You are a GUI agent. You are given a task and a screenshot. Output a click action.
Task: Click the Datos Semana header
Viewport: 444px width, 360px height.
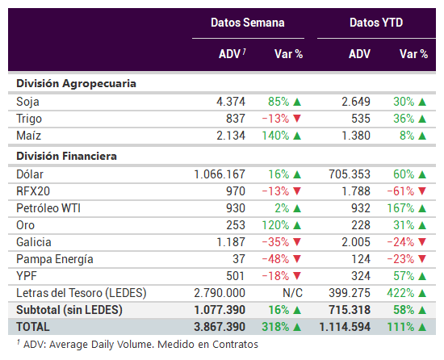[x=248, y=23]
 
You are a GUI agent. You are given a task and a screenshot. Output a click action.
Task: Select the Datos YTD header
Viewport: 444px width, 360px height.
[x=376, y=23]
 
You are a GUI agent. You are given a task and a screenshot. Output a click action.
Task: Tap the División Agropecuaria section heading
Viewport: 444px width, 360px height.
[x=76, y=83]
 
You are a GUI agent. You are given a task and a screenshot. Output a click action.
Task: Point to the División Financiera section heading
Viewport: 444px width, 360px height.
[x=66, y=156]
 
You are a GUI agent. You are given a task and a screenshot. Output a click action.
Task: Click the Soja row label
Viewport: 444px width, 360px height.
[x=27, y=102]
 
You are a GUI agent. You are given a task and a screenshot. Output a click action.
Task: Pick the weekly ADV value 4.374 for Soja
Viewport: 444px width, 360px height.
[x=231, y=102]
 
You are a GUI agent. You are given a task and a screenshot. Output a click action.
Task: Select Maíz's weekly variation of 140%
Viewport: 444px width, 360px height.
[x=275, y=136]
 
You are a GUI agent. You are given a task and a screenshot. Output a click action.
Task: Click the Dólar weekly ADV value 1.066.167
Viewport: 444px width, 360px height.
[x=220, y=174]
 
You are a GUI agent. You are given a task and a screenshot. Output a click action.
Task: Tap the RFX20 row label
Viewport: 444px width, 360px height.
[x=33, y=191]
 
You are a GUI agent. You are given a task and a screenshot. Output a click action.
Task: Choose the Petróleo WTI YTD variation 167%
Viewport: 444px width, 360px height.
[x=400, y=208]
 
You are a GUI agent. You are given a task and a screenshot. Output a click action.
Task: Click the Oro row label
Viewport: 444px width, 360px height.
[x=26, y=225]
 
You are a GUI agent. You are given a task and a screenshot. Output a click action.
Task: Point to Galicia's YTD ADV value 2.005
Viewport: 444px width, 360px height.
[x=356, y=242]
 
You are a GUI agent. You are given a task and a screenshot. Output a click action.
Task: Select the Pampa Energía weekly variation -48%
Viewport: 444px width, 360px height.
[x=275, y=259]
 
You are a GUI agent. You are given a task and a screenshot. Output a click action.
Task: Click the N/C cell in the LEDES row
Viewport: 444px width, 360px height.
[x=292, y=293]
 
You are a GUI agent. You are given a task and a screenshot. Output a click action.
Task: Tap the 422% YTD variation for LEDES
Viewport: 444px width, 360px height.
[x=400, y=293]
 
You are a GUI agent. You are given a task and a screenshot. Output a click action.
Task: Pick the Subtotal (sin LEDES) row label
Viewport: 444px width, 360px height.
[x=69, y=310]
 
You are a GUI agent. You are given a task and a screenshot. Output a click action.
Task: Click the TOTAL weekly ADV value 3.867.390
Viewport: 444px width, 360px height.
[x=220, y=327]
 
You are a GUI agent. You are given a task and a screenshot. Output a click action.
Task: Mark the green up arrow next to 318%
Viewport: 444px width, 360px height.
[x=297, y=327]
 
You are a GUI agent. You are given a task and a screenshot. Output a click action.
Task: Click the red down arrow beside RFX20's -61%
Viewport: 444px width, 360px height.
[x=422, y=191]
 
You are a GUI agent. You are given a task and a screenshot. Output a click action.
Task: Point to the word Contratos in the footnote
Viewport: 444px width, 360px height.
[x=235, y=345]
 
